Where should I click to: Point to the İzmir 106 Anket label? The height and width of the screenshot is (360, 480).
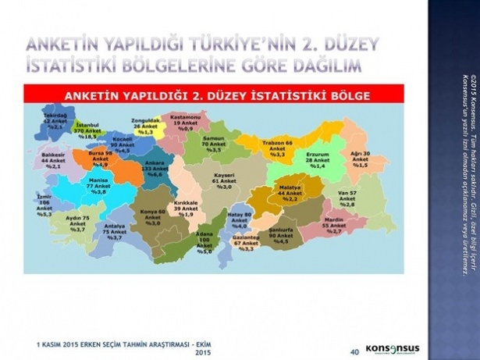[x=44, y=205]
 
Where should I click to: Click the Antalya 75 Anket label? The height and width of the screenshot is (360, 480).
[x=114, y=232]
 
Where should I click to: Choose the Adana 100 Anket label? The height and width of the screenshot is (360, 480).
[x=204, y=244]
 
